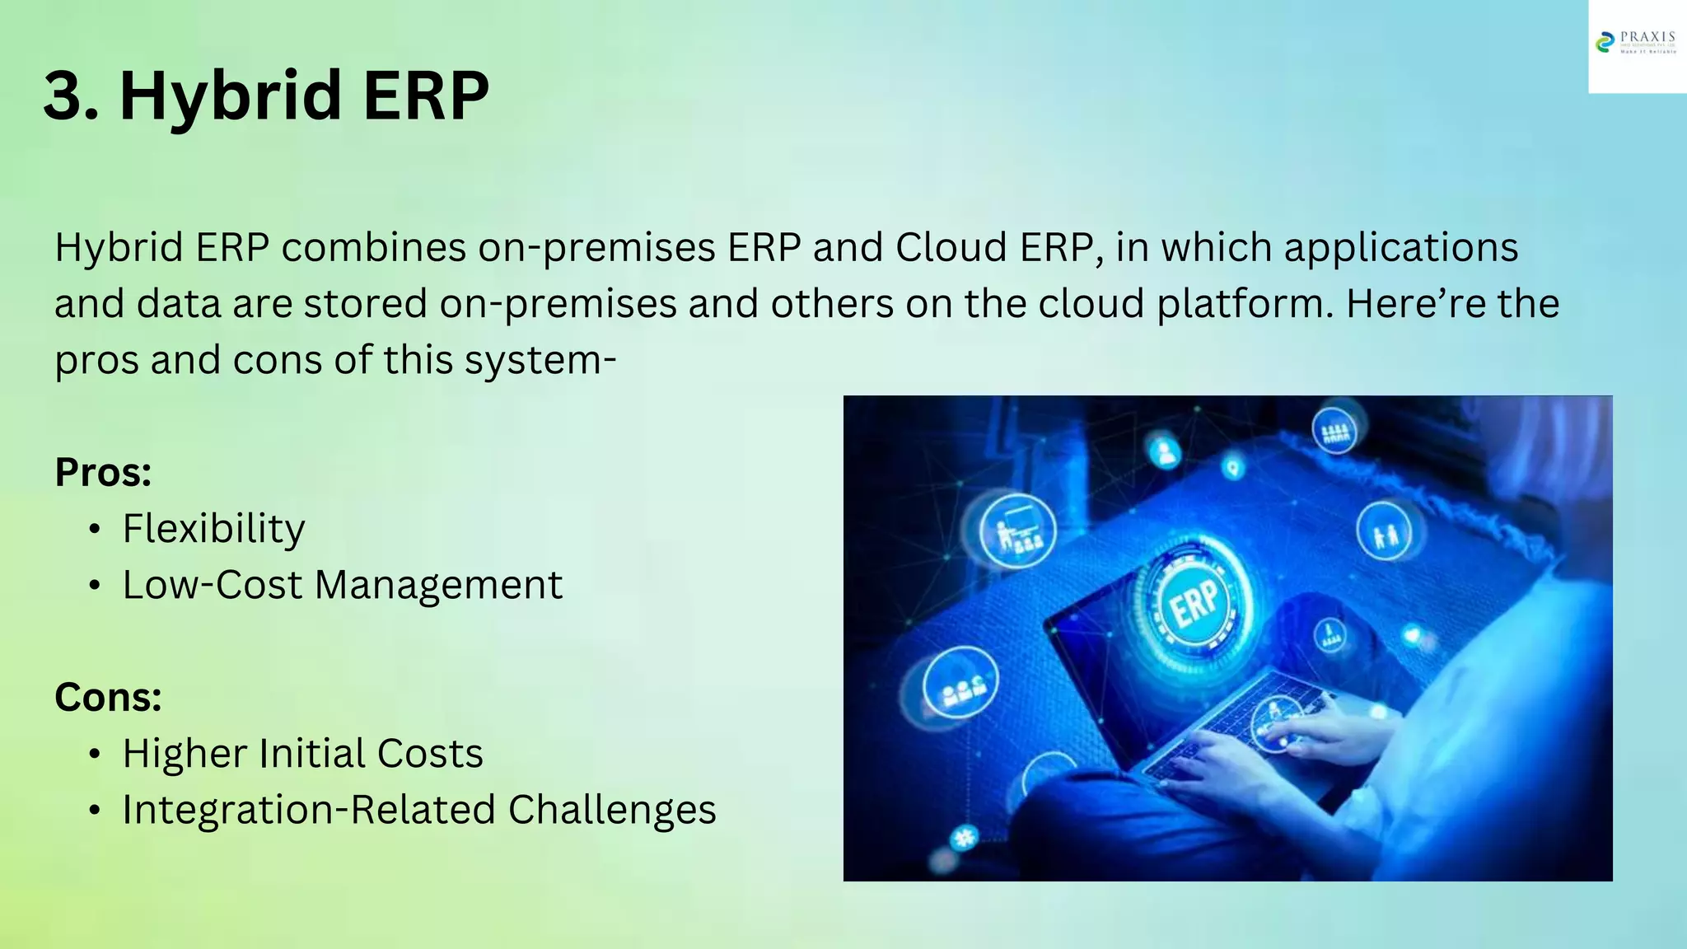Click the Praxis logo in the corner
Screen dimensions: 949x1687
coord(1636,43)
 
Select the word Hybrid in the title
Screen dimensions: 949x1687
coord(230,96)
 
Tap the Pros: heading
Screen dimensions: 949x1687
coord(103,472)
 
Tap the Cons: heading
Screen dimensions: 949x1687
coord(108,697)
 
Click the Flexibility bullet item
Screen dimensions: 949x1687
coord(213,528)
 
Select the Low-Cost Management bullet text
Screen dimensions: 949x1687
coord(342,585)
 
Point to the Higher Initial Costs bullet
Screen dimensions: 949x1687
coord(302,753)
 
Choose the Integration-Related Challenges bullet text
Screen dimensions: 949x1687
coord(419,810)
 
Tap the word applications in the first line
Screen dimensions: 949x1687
coord(1401,247)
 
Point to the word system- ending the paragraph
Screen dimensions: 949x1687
coord(540,360)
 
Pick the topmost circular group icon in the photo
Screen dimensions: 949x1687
coord(1334,429)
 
